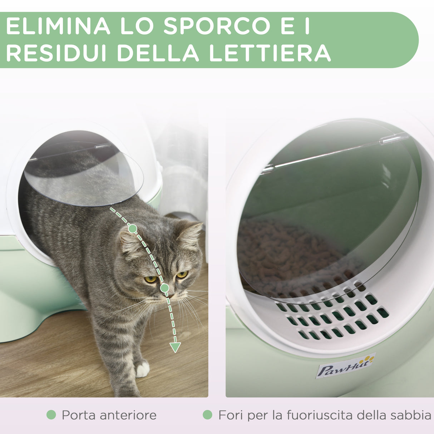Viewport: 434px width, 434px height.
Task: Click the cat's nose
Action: pos(171,295)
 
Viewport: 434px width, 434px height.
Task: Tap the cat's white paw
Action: pos(142,370)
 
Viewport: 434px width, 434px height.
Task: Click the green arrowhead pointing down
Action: pos(175,347)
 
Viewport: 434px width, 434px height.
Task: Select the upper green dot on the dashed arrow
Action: pos(132,229)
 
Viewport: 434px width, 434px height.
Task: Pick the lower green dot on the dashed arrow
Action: pos(164,288)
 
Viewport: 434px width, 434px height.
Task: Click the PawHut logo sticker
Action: pos(345,366)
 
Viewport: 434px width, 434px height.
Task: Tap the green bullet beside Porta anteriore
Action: pos(51,415)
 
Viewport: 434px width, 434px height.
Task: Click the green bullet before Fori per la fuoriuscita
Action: pos(207,415)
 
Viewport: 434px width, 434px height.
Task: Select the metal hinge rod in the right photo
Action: pos(336,153)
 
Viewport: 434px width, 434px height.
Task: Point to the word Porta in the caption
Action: pos(78,415)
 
